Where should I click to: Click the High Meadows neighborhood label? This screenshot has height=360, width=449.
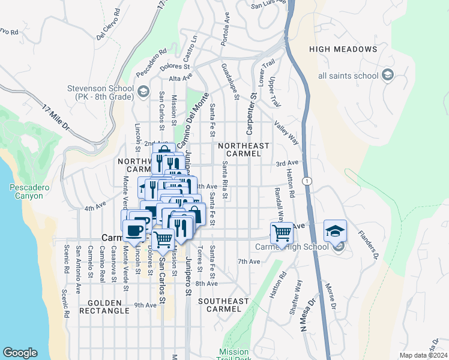[x=343, y=49]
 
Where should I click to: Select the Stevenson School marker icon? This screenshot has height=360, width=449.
[x=143, y=92]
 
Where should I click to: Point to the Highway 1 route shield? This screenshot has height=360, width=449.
[x=307, y=181]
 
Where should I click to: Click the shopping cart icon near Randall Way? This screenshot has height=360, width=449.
[x=282, y=233]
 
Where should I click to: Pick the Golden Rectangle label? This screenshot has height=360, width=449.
[x=108, y=307]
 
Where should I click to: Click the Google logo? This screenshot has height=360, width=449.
[x=20, y=353]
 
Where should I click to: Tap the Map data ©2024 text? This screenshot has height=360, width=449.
[x=423, y=355]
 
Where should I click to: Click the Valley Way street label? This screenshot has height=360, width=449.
[x=286, y=133]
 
